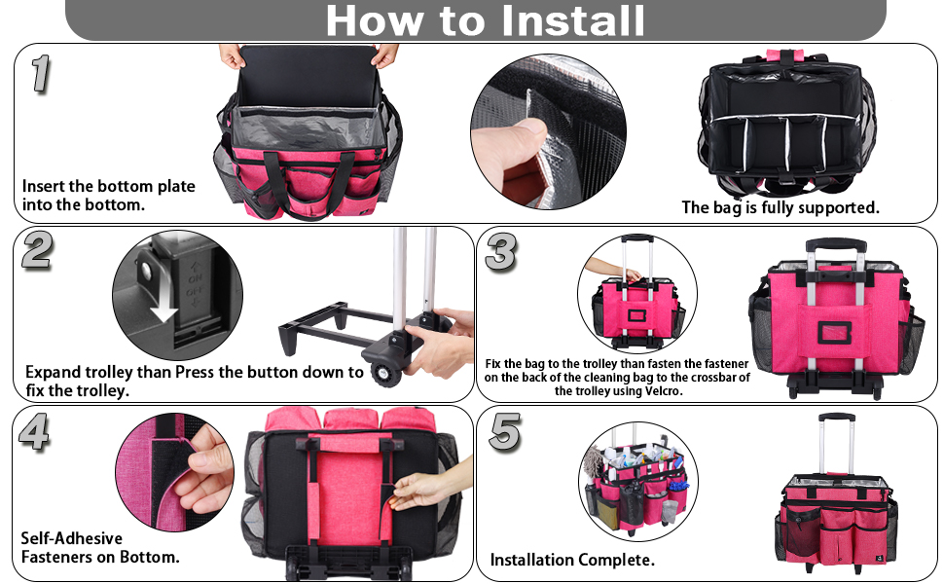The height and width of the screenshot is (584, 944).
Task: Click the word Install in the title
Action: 573,21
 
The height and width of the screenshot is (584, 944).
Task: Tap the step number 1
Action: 40,73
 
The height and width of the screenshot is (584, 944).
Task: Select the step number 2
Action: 37,249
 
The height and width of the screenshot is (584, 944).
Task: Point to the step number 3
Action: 501,252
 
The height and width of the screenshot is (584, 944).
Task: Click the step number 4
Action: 34,431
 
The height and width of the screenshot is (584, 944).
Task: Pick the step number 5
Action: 504,431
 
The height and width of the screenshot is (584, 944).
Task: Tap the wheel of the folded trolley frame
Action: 382,374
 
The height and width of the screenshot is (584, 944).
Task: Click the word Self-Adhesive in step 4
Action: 72,537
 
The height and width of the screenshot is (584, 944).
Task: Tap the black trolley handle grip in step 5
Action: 837,418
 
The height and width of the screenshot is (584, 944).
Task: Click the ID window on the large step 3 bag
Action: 834,332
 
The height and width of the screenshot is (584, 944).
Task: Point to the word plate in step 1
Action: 176,187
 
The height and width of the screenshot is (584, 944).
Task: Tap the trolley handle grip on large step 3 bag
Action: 836,244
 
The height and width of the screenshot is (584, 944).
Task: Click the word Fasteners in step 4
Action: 56,557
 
